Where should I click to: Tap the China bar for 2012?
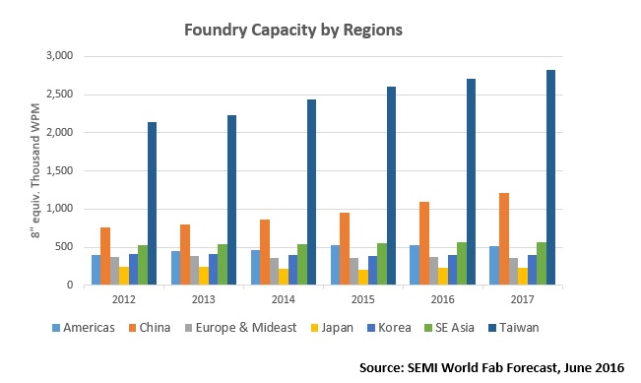104,256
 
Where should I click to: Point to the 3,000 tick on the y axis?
60,56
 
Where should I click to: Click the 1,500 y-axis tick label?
60,170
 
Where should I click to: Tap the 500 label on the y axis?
65,247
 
